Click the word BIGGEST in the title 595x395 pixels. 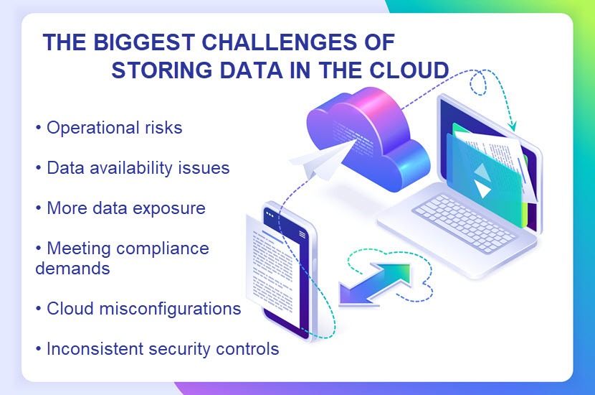(x=144, y=42)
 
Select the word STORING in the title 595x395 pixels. (x=162, y=70)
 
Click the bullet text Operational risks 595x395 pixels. (x=114, y=128)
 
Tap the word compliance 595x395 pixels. (x=163, y=249)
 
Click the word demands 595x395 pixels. (x=72, y=269)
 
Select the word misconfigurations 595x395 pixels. (x=171, y=309)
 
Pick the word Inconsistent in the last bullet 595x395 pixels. (x=95, y=348)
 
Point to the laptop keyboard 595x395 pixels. (x=464, y=223)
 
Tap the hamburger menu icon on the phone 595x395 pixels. (x=302, y=234)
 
